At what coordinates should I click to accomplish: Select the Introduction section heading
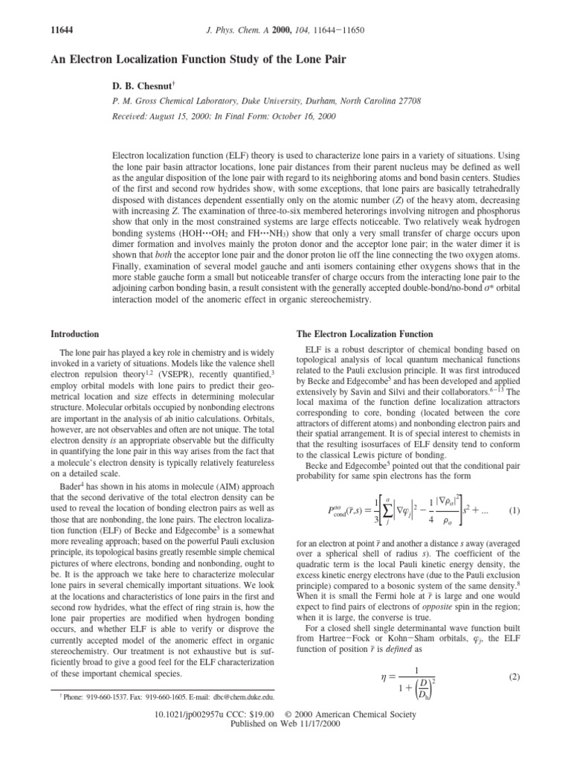coord(75,334)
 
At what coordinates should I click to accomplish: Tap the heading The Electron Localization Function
coord(356,334)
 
